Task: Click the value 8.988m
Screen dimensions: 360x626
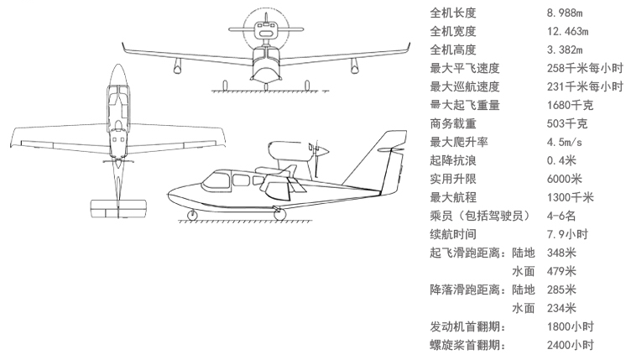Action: click(566, 13)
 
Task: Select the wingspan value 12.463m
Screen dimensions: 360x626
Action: click(570, 32)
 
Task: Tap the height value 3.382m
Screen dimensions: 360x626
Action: click(566, 50)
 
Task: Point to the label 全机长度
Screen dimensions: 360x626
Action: click(453, 13)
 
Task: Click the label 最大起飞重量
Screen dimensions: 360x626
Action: click(465, 105)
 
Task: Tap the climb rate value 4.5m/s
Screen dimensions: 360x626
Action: click(566, 142)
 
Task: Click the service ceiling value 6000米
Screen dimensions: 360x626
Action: click(566, 179)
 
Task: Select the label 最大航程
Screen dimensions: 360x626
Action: click(453, 197)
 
